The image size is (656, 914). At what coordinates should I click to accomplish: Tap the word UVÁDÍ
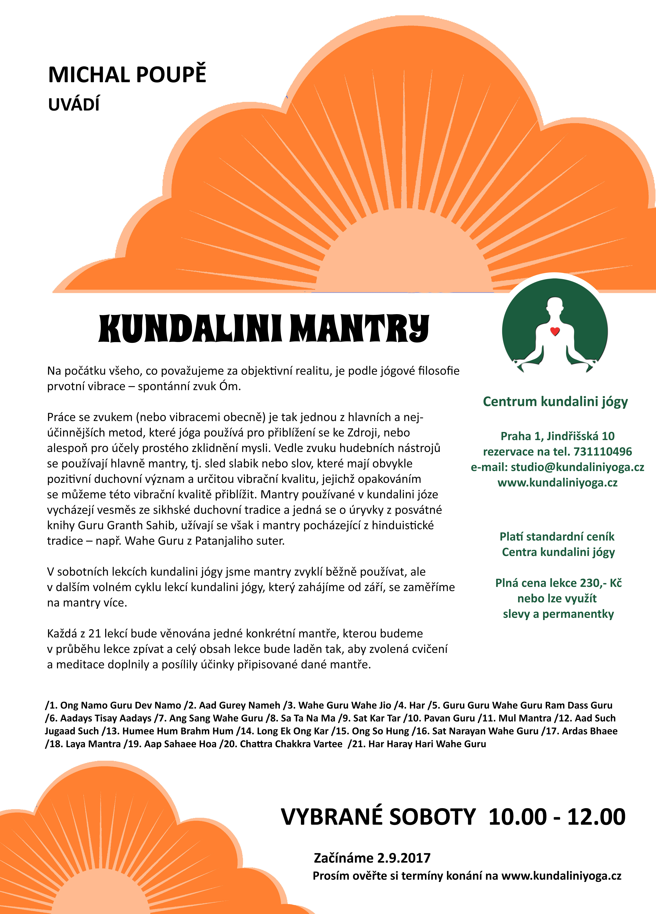74,104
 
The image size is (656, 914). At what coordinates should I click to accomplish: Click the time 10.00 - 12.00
556,817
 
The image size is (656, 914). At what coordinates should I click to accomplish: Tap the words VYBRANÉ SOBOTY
378,817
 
